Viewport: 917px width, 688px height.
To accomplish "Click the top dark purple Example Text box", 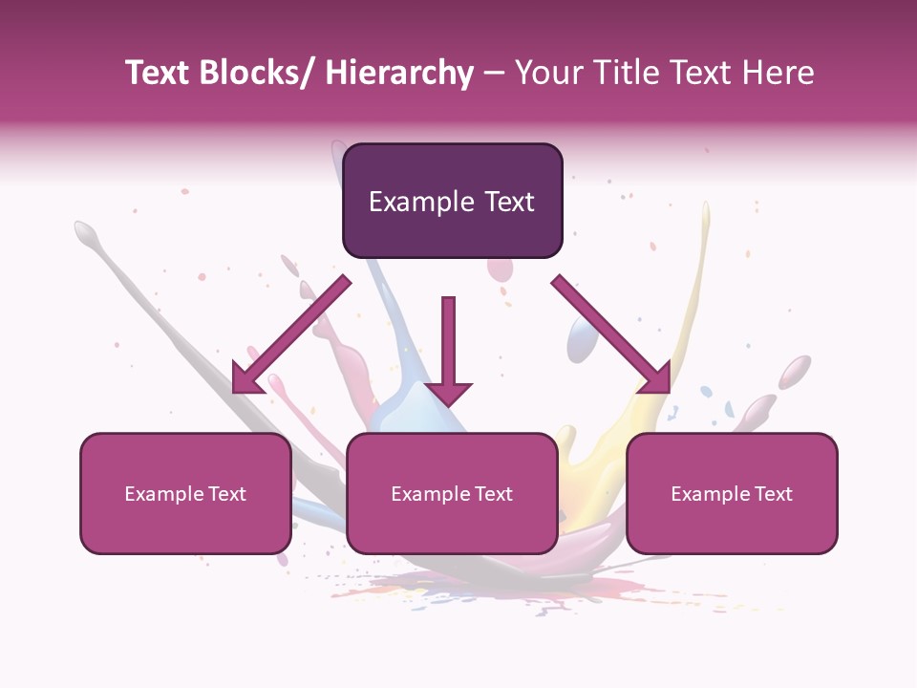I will pyautogui.click(x=452, y=201).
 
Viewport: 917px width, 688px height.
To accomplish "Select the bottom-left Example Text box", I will pyautogui.click(x=185, y=494).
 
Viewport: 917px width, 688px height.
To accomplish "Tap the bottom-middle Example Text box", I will pyautogui.click(x=452, y=494).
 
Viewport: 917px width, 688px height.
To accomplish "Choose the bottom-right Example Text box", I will pyautogui.click(x=732, y=494).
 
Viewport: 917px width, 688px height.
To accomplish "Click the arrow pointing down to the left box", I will pyautogui.click(x=291, y=334).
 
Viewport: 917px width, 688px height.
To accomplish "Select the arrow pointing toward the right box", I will pyautogui.click(x=611, y=334).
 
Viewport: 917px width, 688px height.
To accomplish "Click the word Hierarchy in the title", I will pyautogui.click(x=399, y=73).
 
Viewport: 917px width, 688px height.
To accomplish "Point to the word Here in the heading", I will pyautogui.click(x=780, y=73).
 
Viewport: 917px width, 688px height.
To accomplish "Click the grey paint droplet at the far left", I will pyautogui.click(x=86, y=231).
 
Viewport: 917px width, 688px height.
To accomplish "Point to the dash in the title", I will pyautogui.click(x=494, y=73).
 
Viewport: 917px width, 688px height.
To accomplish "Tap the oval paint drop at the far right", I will pyautogui.click(x=794, y=371).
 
